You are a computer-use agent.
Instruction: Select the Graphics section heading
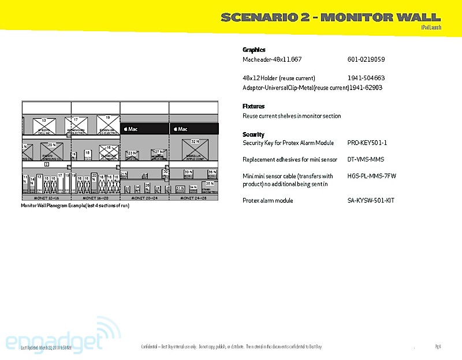(254, 50)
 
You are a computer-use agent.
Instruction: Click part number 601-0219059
(366, 59)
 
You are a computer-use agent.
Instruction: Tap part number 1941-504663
(366, 78)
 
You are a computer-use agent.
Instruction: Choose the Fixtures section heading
(254, 106)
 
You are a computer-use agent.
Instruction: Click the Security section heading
(254, 134)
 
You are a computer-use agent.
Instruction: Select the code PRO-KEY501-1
(367, 142)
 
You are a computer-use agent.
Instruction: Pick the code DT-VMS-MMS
(366, 159)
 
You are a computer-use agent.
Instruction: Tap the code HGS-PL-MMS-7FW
(372, 176)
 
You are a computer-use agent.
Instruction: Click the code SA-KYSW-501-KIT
(371, 200)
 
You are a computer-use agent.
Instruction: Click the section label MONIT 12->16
(46, 198)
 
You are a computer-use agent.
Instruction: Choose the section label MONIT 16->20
(95, 198)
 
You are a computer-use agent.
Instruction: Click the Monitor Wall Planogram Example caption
(75, 205)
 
